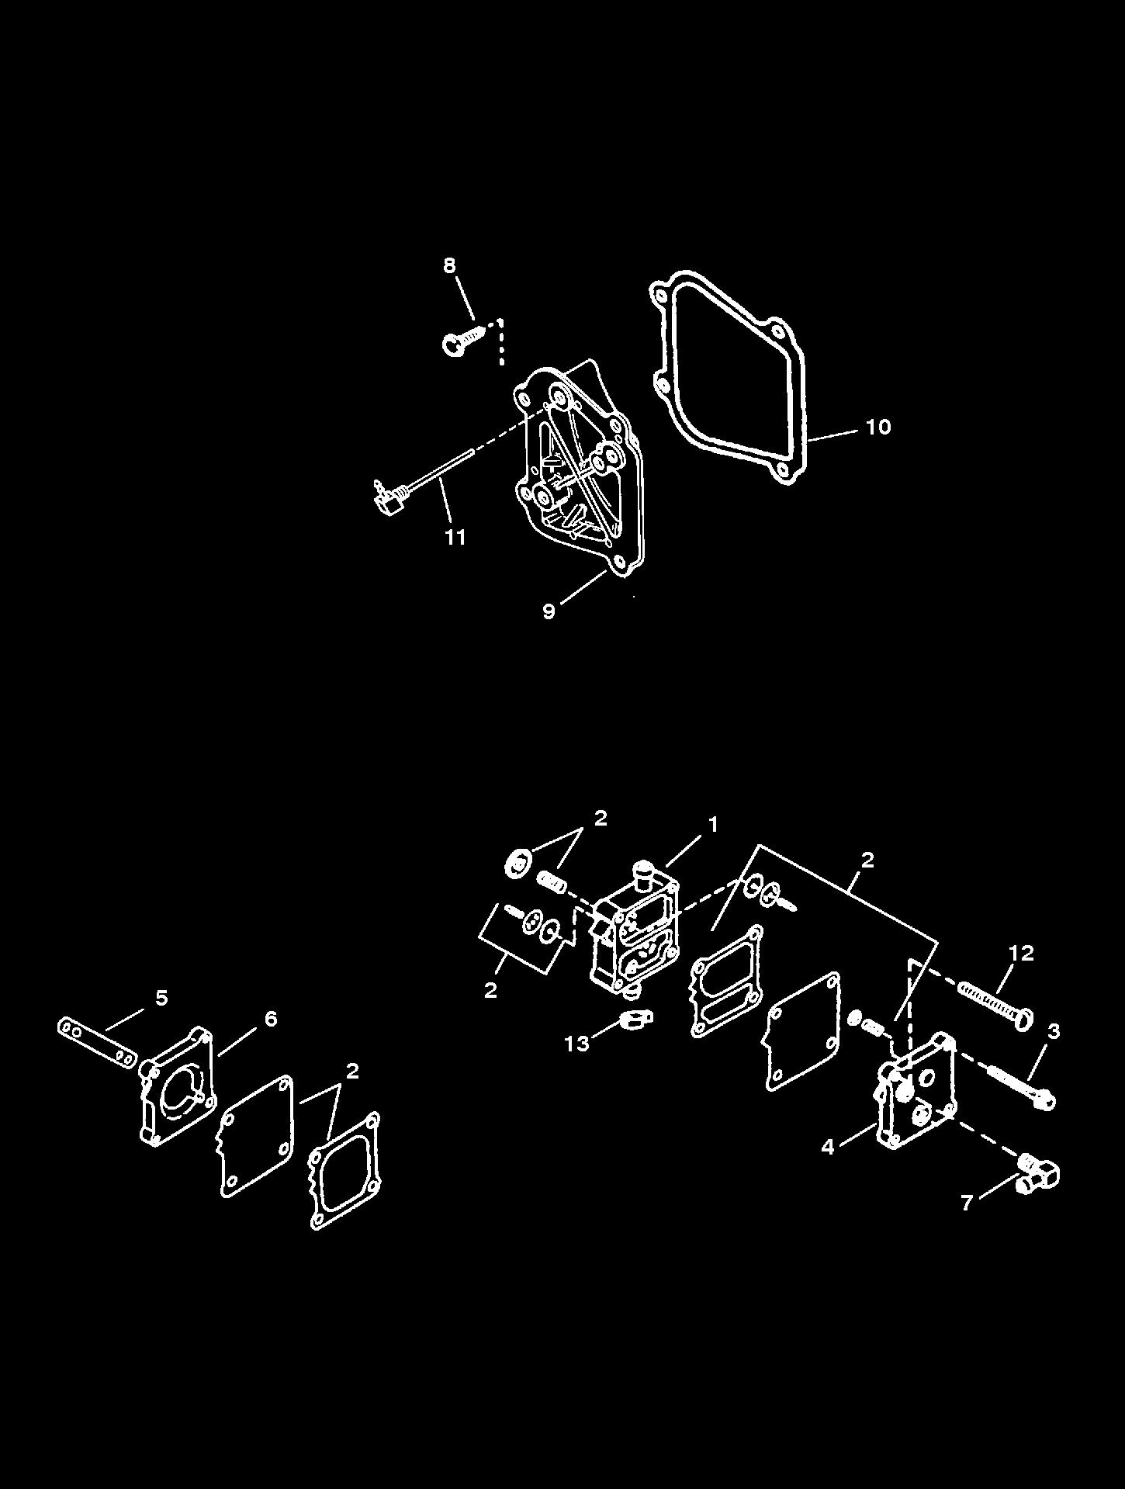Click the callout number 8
click(x=450, y=265)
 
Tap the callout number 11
click(x=455, y=537)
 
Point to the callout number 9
click(x=549, y=611)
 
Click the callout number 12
click(x=1022, y=954)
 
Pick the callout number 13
click(x=576, y=1044)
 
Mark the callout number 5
click(x=161, y=998)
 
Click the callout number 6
click(x=270, y=1018)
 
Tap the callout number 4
click(x=828, y=1146)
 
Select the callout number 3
click(x=1053, y=1031)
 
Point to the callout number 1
click(x=712, y=825)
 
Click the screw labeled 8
click(x=466, y=341)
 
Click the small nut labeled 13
click(x=637, y=1019)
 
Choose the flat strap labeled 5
click(x=97, y=1042)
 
